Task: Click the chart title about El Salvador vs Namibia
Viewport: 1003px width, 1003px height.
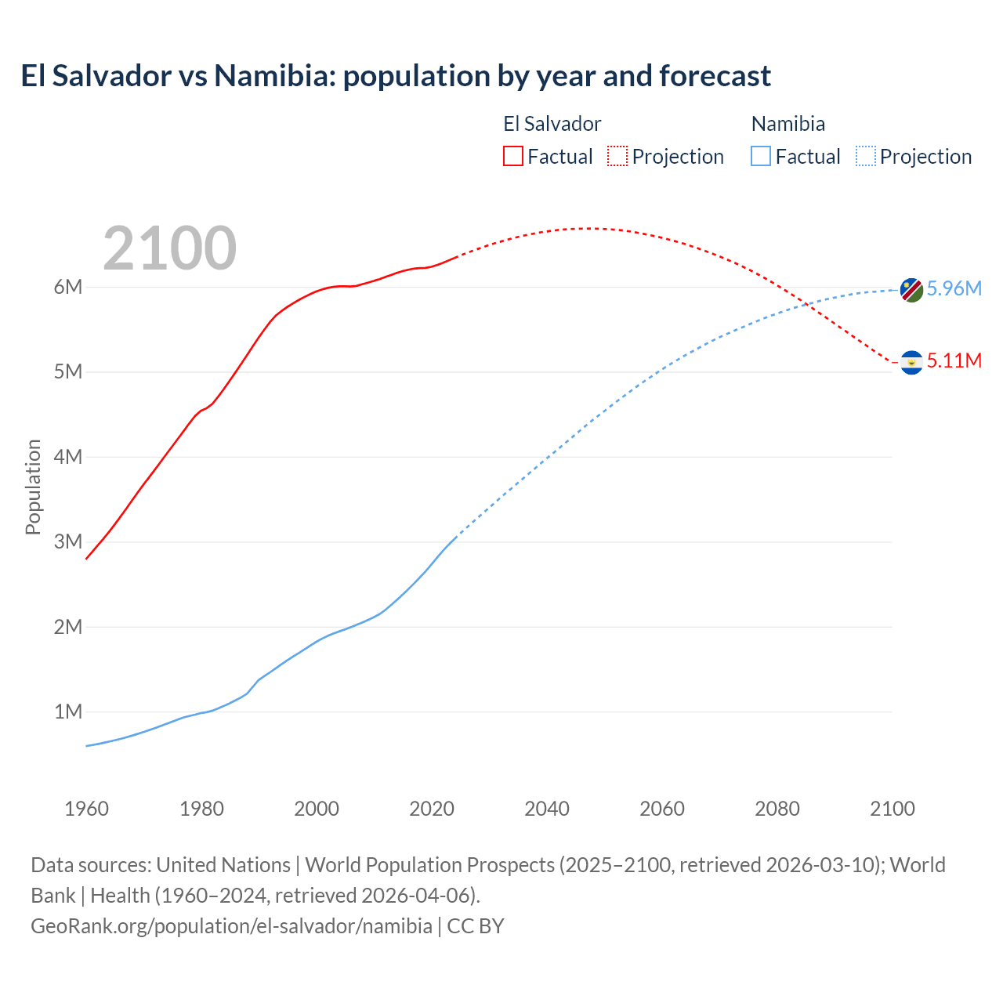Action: (396, 76)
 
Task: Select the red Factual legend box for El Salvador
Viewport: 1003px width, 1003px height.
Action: (512, 156)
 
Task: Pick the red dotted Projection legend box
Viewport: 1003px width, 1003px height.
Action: (617, 156)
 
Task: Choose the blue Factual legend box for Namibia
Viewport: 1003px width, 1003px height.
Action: (760, 156)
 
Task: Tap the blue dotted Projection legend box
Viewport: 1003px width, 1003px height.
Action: (865, 156)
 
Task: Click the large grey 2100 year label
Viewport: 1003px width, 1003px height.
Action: (169, 248)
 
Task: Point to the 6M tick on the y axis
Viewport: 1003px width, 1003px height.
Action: (68, 287)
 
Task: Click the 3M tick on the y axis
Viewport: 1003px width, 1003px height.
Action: (68, 541)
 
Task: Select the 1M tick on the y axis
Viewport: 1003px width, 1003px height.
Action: (68, 712)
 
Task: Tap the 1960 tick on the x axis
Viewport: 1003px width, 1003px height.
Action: (86, 809)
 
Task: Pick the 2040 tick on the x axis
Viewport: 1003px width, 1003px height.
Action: (547, 809)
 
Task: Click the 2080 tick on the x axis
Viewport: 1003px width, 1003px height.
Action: (777, 809)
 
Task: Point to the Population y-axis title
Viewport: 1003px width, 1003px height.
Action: (33, 487)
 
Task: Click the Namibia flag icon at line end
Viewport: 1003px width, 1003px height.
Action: (911, 290)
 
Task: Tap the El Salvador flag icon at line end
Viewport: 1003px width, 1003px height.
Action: (911, 362)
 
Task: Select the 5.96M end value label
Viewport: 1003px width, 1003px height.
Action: (954, 288)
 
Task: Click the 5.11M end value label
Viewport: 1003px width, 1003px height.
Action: (954, 360)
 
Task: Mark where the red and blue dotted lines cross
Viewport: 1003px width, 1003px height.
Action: (806, 305)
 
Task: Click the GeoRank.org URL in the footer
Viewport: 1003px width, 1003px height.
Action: (231, 926)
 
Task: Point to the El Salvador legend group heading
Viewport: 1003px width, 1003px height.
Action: (552, 124)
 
